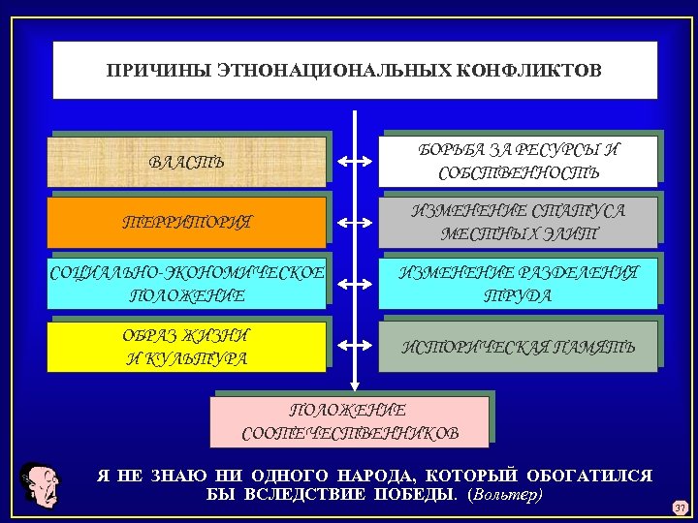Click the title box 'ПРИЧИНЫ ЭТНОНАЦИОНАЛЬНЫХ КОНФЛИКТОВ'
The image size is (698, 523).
tap(355, 70)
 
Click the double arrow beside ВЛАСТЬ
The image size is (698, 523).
tap(356, 161)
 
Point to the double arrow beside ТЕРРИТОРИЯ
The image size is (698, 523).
tap(356, 223)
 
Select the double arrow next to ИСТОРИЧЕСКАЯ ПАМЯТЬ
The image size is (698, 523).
tap(356, 347)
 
